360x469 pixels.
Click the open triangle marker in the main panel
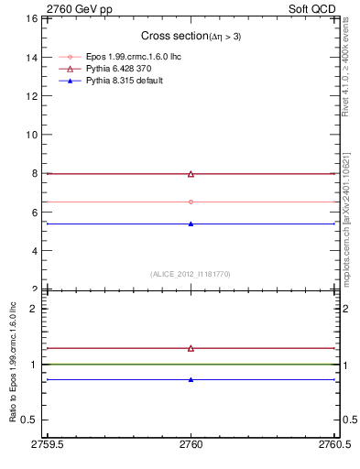click(191, 173)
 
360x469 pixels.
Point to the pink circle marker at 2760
click(191, 202)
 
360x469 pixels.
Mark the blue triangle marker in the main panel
click(191, 224)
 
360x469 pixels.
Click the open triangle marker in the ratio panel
click(191, 348)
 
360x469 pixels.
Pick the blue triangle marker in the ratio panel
click(191, 379)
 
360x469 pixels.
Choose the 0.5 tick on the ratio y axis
click(29, 420)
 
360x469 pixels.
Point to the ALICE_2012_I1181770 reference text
click(191, 273)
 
